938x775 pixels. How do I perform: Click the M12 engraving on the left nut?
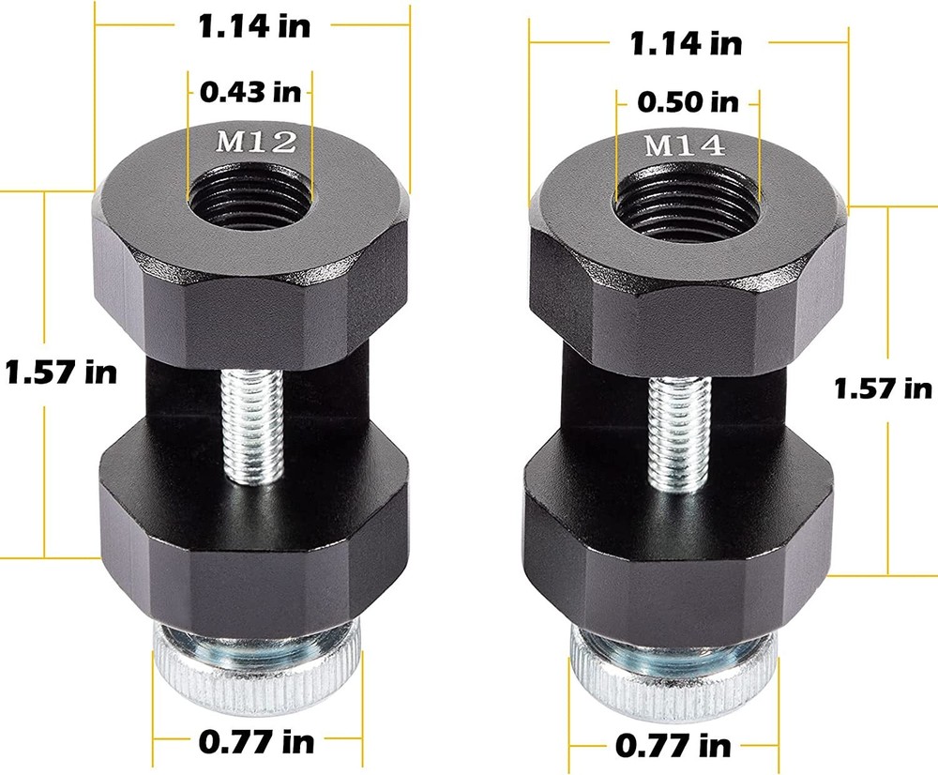256,143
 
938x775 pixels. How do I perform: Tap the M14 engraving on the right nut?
683,145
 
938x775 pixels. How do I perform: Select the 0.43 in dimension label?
250,92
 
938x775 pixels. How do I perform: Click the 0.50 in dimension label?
687,101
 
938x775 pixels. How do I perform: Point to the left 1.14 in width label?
253,25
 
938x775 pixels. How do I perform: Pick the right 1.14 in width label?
686,42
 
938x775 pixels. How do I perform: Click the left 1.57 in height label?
60,372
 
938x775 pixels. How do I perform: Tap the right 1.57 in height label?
882,387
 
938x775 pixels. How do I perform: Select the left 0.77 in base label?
256,742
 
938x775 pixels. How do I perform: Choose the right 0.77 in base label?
673,746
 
